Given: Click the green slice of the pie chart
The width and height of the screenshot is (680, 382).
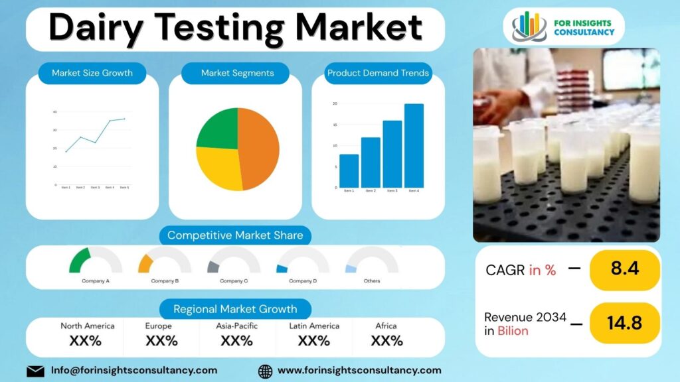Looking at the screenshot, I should [x=217, y=128].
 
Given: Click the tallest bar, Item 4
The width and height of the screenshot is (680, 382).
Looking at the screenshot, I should [x=414, y=146].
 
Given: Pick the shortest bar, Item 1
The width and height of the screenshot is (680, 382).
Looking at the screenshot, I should [x=349, y=171].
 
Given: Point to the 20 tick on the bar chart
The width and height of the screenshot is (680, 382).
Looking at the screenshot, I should [x=335, y=104].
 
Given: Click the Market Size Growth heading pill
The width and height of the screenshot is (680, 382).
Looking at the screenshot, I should [x=92, y=73].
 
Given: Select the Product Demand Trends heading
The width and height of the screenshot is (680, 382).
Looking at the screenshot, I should [x=378, y=73].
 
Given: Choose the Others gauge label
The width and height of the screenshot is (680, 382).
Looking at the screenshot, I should [x=372, y=281].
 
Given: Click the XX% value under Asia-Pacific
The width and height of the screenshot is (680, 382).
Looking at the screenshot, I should [x=236, y=341].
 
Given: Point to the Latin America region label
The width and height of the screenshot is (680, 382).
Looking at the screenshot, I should [x=314, y=326].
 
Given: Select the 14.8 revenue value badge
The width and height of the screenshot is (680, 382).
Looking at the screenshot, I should [x=625, y=323].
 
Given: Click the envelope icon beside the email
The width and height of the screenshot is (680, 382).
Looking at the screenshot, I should [x=35, y=371].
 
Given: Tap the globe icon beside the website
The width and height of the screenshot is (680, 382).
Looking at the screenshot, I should [x=265, y=371].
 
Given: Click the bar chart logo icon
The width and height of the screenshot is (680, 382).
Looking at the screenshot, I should [x=529, y=27].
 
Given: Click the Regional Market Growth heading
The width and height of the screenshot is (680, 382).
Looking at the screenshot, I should [x=235, y=309].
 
